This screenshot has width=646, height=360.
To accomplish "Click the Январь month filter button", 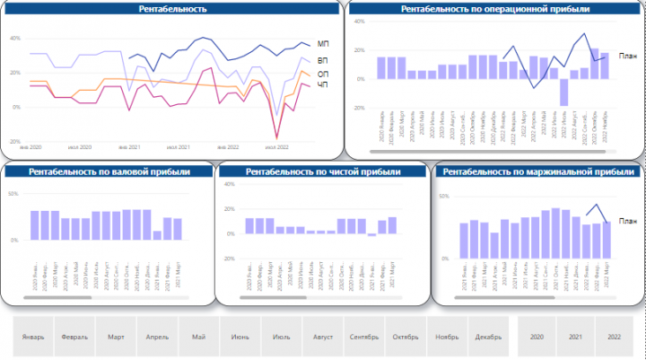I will pyautogui.click(x=33, y=337).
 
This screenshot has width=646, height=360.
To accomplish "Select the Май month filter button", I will pyautogui.click(x=199, y=337).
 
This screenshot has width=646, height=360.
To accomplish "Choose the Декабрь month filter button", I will pyautogui.click(x=489, y=337).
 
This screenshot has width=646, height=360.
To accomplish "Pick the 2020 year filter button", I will pyautogui.click(x=537, y=337).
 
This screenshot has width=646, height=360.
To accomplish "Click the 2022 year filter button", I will pyautogui.click(x=615, y=337).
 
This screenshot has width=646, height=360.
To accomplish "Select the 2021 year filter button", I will pyautogui.click(x=575, y=337).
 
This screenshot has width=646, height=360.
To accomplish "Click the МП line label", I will pyautogui.click(x=324, y=44).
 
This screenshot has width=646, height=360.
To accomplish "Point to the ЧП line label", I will pyautogui.click(x=324, y=86).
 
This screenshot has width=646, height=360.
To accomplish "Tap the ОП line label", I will pyautogui.click(x=324, y=74).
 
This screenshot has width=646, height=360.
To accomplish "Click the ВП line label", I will pyautogui.click(x=324, y=60).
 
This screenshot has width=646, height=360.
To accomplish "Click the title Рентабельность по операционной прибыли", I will pyautogui.click(x=494, y=8).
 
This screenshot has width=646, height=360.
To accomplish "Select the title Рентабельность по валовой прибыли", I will pyautogui.click(x=109, y=171).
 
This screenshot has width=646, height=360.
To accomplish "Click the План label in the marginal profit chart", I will pyautogui.click(x=627, y=222).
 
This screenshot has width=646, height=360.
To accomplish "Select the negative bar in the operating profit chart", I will pyautogui.click(x=564, y=92).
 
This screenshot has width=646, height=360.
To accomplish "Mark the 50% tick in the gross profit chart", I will pyautogui.click(x=13, y=194).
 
